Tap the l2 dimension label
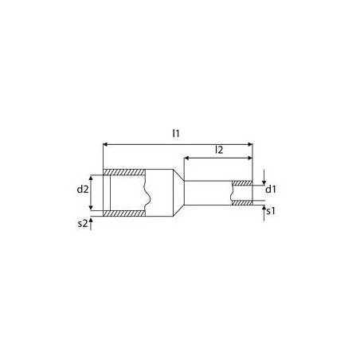point(217,150)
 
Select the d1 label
point(271,189)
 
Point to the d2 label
point(82,190)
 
